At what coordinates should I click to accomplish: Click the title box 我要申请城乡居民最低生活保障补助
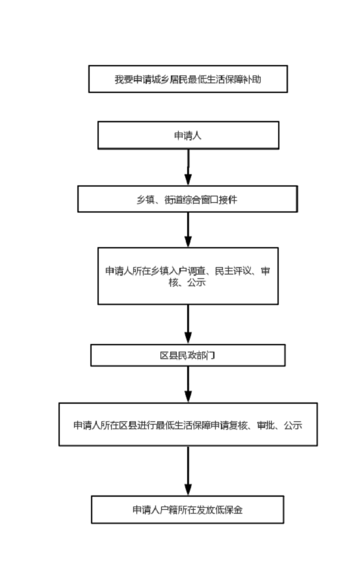point(188,79)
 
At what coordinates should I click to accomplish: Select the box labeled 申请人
point(188,135)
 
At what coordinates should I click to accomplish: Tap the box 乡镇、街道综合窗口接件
point(188,199)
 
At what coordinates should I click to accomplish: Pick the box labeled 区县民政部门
point(188,355)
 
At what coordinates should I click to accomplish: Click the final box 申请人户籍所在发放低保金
point(187,510)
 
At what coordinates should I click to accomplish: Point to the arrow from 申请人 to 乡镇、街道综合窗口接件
point(188,167)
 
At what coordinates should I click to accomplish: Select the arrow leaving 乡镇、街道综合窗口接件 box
point(188,230)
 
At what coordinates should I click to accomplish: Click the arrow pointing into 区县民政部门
point(188,324)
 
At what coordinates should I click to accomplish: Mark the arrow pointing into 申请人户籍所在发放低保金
point(188,471)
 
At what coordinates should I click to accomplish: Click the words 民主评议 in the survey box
point(233,271)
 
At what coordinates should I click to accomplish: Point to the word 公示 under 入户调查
point(197,282)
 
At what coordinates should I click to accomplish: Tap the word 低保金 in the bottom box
point(229,510)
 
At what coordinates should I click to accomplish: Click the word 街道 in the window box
point(174,200)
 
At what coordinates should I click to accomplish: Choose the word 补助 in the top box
point(252,79)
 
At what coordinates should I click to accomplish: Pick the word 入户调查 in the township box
point(187,271)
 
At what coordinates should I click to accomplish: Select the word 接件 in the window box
point(228,200)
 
